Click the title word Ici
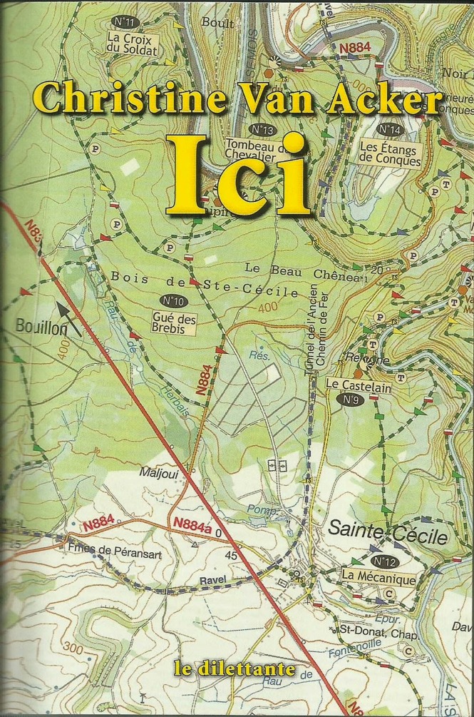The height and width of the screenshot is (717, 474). pyautogui.click(x=238, y=174)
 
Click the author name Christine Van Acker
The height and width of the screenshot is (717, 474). pyautogui.click(x=237, y=97)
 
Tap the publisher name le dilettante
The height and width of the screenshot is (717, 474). pyautogui.click(x=237, y=671)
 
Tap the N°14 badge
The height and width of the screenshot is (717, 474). pyautogui.click(x=390, y=130)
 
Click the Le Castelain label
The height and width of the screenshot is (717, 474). pyautogui.click(x=349, y=384)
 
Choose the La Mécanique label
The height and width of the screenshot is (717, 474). pyautogui.click(x=378, y=579)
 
